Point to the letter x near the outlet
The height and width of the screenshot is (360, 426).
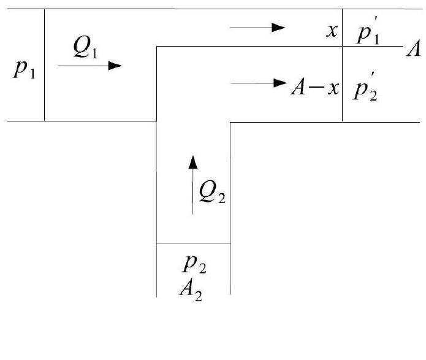pyautogui.click(x=332, y=31)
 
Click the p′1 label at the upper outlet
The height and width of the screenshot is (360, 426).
pyautogui.click(x=370, y=34)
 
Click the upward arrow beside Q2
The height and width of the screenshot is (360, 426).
pyautogui.click(x=193, y=185)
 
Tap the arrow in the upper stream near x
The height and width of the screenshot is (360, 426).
pyautogui.click(x=258, y=27)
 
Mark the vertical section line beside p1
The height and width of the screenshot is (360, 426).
pyautogui.click(x=45, y=92)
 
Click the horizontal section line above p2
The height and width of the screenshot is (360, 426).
pyautogui.click(x=194, y=243)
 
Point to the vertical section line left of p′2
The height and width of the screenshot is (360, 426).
pyautogui.click(x=342, y=92)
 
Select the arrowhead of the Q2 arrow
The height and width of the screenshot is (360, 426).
pyautogui.click(x=193, y=162)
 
